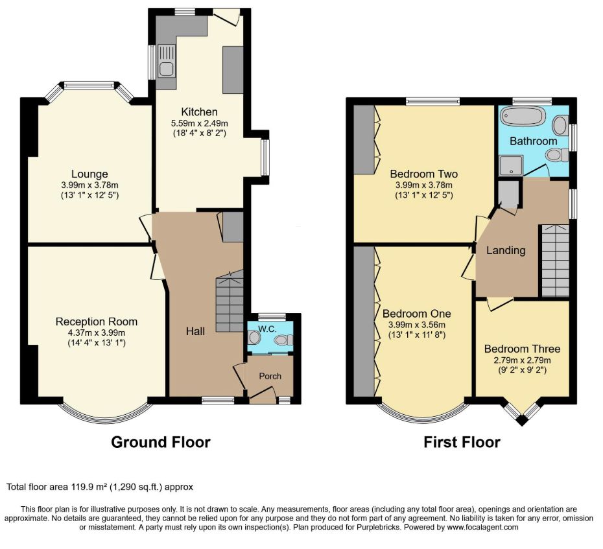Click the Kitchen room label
coord(199,112)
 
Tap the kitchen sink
coord(166,62)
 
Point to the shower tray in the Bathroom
coord(511,166)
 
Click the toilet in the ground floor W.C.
coord(285,340)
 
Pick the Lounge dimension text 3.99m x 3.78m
coord(89,185)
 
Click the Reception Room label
coord(97,321)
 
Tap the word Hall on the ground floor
coord(195,331)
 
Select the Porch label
coord(270,376)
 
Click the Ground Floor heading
coord(161,442)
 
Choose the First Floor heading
coord(462,442)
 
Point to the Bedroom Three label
coord(522,349)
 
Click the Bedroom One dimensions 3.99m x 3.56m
coord(417,325)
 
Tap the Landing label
coord(506,250)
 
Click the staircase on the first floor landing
coord(556,261)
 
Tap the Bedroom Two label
coord(424,174)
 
